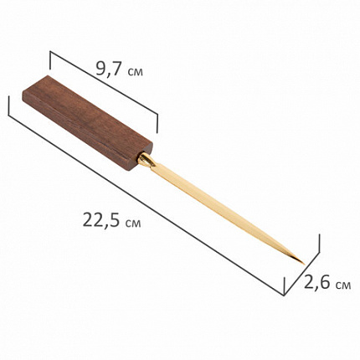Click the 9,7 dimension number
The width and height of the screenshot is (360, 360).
[109, 69]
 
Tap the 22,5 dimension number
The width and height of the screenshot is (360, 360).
[101, 220]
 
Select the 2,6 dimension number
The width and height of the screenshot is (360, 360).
[317, 283]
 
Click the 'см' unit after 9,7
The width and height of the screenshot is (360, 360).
[135, 72]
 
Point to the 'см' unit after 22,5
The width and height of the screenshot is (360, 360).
[133, 224]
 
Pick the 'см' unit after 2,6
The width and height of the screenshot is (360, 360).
[343, 285]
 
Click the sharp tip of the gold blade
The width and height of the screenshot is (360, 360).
[303, 263]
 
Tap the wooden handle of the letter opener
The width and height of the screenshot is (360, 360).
[87, 122]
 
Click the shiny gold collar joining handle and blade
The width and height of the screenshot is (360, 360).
[146, 160]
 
